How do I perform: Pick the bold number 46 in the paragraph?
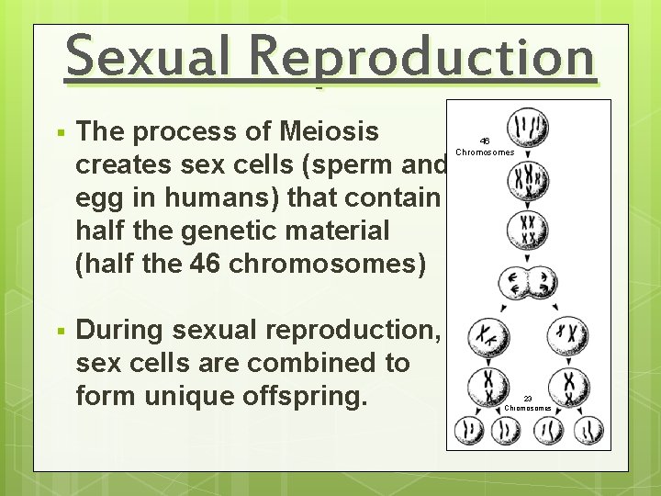pos(208,264)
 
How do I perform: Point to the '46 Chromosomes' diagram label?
pos(485,147)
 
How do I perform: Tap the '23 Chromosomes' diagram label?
pos(528,403)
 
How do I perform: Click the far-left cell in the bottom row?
pos(470,429)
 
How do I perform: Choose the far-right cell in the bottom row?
pos(588,429)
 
